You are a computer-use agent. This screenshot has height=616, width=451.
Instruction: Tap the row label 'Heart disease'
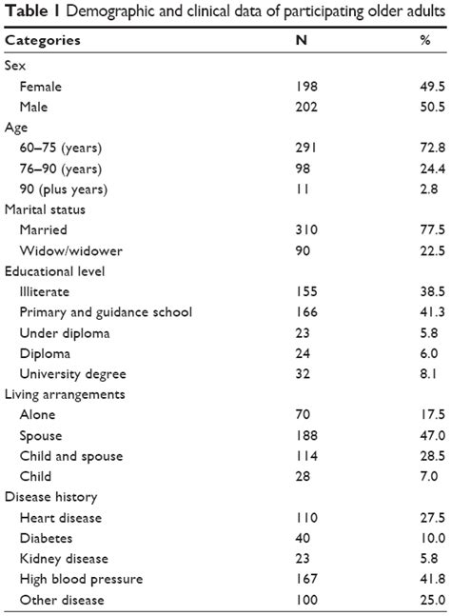[x=61, y=517]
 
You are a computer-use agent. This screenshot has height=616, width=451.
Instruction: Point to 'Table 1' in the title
[x=29, y=11]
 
